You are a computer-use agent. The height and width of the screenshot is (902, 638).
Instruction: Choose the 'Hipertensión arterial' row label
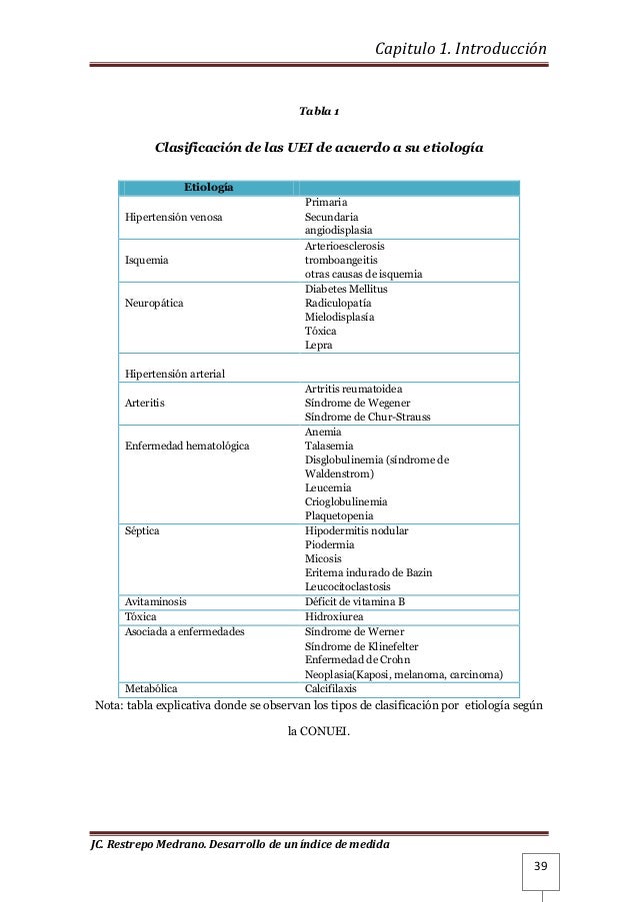175,374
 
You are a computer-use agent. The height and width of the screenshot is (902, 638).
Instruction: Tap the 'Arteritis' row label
145,403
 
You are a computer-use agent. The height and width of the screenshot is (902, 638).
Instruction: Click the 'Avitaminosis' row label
160,602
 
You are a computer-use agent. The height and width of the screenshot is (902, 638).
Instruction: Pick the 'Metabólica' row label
154,688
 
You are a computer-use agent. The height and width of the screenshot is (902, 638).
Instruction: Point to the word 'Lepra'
319,345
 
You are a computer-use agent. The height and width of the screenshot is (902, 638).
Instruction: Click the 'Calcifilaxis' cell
335,688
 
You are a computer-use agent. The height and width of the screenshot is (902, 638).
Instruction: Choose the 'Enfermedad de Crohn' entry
360,660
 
